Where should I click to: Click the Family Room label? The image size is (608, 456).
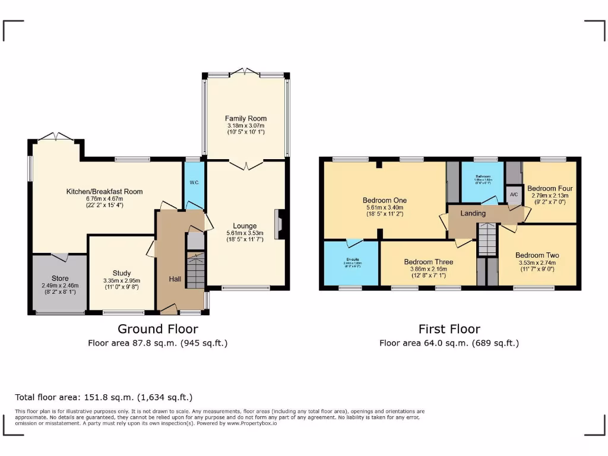[245, 119]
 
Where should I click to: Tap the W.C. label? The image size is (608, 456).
[194, 182]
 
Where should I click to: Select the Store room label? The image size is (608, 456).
[60, 278]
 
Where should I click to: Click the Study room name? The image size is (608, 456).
[122, 273]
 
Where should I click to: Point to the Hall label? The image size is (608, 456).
[175, 279]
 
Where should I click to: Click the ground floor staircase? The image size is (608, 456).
[195, 270]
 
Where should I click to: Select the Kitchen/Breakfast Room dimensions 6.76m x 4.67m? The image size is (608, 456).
[104, 199]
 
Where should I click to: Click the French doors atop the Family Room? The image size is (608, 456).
[245, 72]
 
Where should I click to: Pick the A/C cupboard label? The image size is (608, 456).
[513, 194]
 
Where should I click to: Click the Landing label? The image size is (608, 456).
[473, 213]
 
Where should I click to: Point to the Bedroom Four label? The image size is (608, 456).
[550, 188]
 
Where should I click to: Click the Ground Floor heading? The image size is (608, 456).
[157, 328]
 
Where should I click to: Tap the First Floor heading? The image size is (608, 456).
[449, 328]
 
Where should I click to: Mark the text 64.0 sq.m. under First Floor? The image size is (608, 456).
[439, 343]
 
